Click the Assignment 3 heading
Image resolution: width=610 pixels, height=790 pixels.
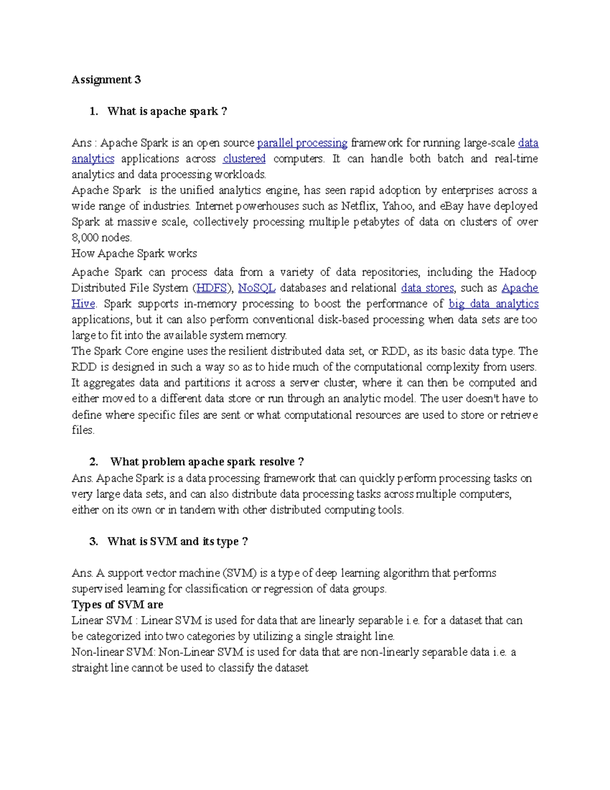click(106, 79)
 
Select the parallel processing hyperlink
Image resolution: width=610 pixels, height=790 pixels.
click(302, 143)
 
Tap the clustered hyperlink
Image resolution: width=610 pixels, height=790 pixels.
click(244, 159)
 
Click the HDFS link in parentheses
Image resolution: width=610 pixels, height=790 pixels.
click(211, 288)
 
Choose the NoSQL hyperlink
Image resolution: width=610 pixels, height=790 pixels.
click(257, 288)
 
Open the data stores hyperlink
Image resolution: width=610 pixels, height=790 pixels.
click(427, 288)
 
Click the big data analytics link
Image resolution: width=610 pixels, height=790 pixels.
click(493, 304)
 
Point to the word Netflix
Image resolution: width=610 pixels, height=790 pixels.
click(359, 206)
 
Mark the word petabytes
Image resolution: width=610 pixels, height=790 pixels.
click(376, 222)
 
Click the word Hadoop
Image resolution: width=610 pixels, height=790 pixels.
click(517, 272)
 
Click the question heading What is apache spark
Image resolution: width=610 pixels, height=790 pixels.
click(167, 111)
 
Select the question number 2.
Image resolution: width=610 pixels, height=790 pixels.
click(94, 462)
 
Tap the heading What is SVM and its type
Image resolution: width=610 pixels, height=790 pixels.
click(177, 541)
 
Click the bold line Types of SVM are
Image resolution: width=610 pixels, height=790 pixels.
click(117, 604)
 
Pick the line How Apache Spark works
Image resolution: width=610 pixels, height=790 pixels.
click(134, 253)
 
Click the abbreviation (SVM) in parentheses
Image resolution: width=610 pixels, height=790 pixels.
click(239, 573)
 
